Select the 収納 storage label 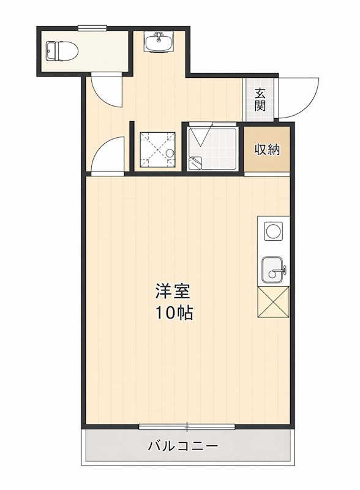[x=268, y=149]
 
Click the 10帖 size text [x=173, y=313]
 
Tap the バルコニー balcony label [x=182, y=446]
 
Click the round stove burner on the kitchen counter [x=272, y=232]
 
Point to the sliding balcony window [x=187, y=426]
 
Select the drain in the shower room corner [x=196, y=162]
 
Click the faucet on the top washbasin [x=159, y=36]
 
